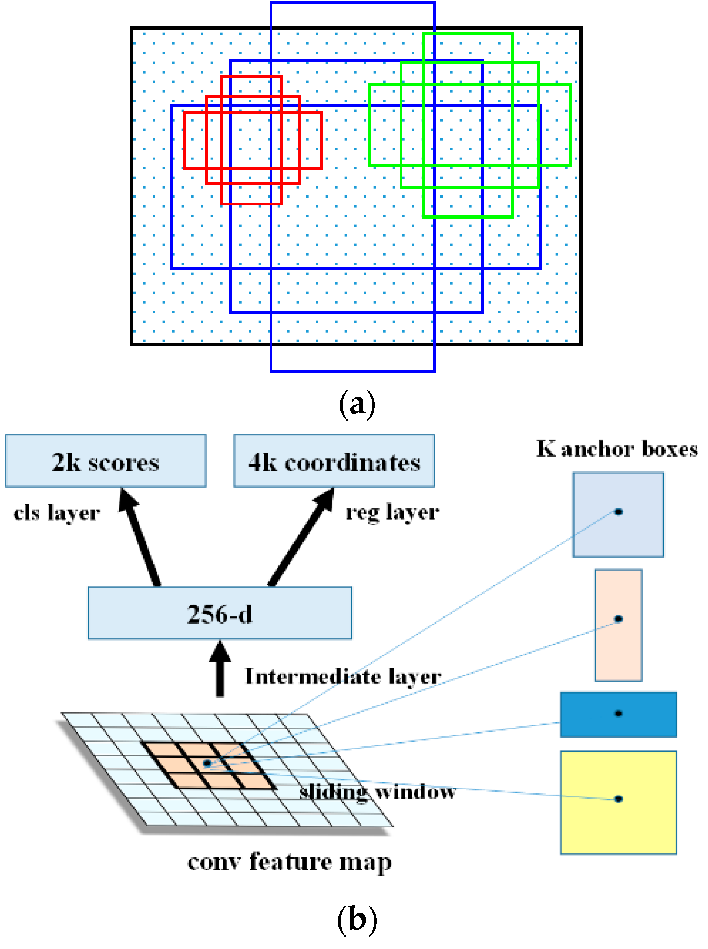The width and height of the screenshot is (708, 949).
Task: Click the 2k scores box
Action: (105, 461)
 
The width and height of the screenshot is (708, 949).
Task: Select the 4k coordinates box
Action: (334, 461)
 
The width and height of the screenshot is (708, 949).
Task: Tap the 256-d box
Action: (219, 613)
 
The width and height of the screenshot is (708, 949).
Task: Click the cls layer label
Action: (57, 513)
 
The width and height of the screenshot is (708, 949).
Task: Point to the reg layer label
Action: (392, 512)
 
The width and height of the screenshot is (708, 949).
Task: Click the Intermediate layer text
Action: (343, 677)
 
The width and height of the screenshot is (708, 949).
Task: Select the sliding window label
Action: (377, 791)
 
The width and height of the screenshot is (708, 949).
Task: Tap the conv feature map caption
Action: (289, 862)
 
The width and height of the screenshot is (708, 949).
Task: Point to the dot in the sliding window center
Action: (207, 763)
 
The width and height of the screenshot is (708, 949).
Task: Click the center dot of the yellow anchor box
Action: (618, 798)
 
